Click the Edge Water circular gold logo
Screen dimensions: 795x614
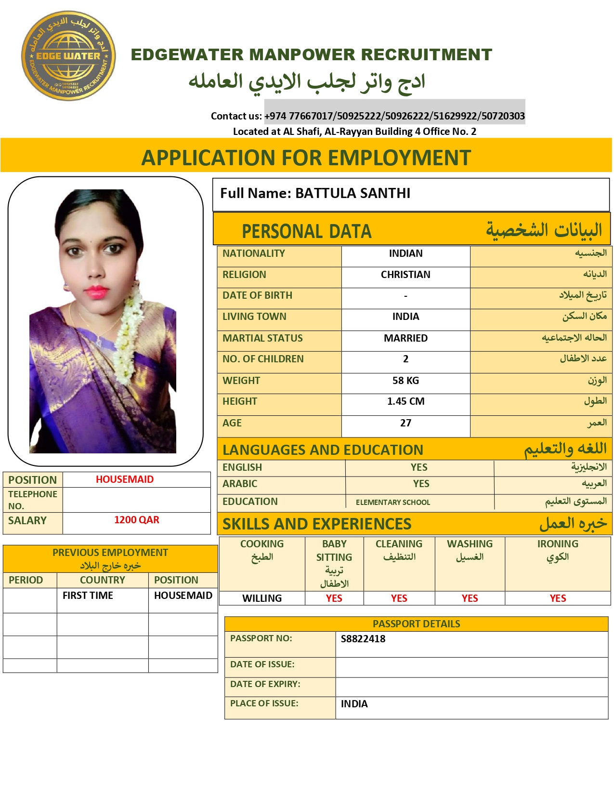pyautogui.click(x=68, y=56)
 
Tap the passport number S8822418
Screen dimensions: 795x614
pyautogui.click(x=363, y=639)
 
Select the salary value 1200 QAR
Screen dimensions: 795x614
pyautogui.click(x=136, y=520)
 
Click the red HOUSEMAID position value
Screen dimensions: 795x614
pyautogui.click(x=125, y=479)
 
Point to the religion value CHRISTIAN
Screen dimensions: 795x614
pyautogui.click(x=405, y=275)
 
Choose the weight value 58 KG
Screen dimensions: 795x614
pyautogui.click(x=405, y=381)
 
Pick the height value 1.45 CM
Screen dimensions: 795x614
pyautogui.click(x=405, y=401)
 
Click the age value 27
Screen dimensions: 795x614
pyautogui.click(x=405, y=423)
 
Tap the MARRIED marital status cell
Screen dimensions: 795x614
pyautogui.click(x=405, y=338)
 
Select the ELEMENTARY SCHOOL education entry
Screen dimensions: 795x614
pyautogui.click(x=393, y=502)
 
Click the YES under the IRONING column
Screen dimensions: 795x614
pyautogui.click(x=558, y=598)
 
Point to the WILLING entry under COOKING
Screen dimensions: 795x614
pyautogui.click(x=262, y=598)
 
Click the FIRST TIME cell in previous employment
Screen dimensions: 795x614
pyautogui.click(x=88, y=596)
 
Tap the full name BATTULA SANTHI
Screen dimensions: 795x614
pyautogui.click(x=353, y=193)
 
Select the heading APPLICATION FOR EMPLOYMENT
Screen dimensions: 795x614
pyautogui.click(x=306, y=158)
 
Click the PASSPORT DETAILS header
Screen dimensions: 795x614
pyautogui.click(x=416, y=624)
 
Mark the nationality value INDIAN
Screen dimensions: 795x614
pyautogui.click(x=405, y=253)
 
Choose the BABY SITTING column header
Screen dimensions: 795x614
pyautogui.click(x=334, y=551)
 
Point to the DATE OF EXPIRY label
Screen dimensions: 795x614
pyautogui.click(x=265, y=684)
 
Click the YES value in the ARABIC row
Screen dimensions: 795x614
pyautogui.click(x=421, y=484)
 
